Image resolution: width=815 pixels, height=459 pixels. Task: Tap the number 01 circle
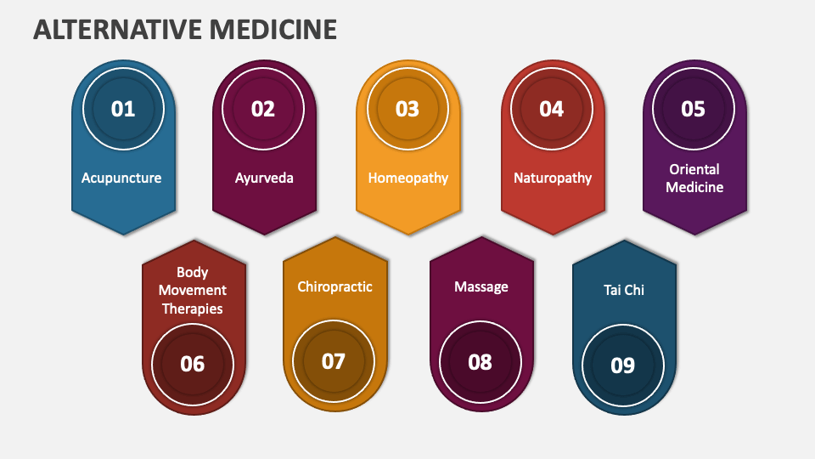pos(123,109)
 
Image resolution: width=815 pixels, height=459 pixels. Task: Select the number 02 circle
pos(263,109)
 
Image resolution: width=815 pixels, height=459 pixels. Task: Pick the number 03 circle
pos(407,109)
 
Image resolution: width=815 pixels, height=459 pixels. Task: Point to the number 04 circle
pos(552,109)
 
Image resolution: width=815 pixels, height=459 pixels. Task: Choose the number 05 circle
pos(694,109)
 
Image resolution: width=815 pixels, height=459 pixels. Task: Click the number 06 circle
pos(193,364)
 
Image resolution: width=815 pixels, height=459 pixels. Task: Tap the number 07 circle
pos(334,361)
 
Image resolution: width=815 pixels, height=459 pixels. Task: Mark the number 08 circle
pos(480,362)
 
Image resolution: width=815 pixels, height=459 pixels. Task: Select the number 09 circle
pos(622,365)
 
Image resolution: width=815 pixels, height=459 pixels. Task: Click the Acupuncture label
pos(121,178)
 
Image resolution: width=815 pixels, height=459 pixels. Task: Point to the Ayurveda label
pos(264,178)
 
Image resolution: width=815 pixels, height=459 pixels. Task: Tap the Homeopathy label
pos(408,178)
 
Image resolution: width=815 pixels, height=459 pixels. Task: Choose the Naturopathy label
pos(553,178)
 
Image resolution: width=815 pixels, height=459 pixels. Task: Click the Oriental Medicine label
pos(694,178)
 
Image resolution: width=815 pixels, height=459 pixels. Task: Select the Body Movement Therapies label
pos(193,291)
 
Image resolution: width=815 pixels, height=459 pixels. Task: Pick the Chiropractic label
pos(334,286)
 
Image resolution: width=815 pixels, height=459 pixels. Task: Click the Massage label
pos(481,286)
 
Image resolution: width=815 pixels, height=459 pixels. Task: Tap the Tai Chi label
pos(624,290)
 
